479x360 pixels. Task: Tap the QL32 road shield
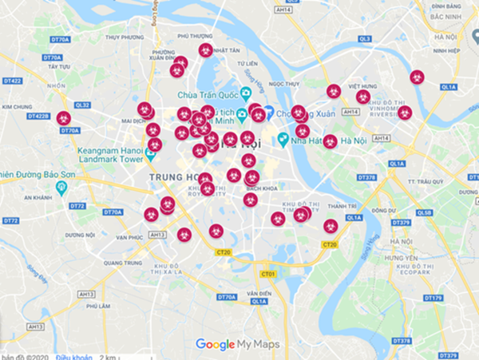pyautogui.click(x=83, y=105)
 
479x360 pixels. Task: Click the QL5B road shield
pyautogui.click(x=425, y=212)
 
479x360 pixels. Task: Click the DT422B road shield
pyautogui.click(x=38, y=116)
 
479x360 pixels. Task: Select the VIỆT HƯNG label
pyautogui.click(x=362, y=85)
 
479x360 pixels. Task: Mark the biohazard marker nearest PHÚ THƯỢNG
pyautogui.click(x=205, y=50)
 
